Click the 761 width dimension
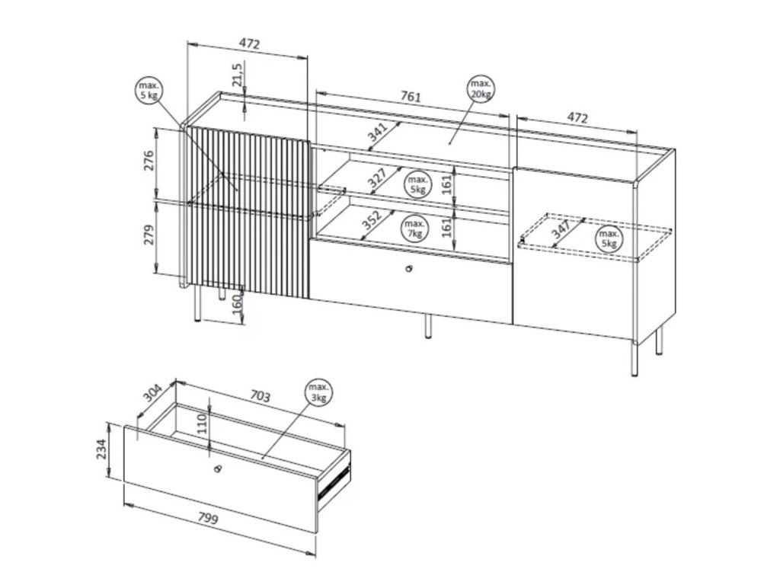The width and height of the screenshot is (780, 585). tap(411, 96)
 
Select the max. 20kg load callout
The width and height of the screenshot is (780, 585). tap(481, 88)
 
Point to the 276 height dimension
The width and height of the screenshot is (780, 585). tap(149, 160)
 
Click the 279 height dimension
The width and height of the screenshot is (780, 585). tap(149, 235)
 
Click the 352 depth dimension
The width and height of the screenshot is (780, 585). tap(372, 220)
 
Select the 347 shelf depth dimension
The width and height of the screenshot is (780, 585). tap(561, 229)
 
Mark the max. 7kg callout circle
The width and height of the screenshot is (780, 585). tap(415, 229)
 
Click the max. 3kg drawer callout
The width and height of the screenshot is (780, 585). tap(318, 393)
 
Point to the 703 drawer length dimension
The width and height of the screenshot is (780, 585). tap(261, 396)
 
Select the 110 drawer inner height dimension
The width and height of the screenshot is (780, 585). tap(203, 423)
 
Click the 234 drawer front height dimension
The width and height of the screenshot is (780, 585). tap(101, 450)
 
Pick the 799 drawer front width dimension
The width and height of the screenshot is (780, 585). tap(209, 519)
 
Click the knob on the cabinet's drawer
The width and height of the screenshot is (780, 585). tap(409, 269)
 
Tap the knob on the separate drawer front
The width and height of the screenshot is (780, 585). tap(217, 468)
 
